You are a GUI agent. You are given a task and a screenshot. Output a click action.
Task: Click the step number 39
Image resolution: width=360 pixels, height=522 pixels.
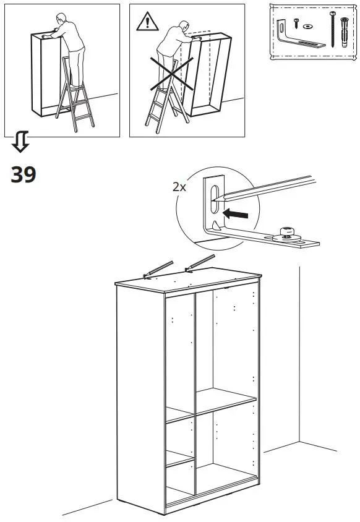click(24, 175)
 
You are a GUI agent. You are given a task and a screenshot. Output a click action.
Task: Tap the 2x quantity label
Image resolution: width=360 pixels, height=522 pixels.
click(179, 186)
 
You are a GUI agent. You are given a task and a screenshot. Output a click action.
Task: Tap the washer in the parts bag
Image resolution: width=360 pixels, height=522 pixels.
click(308, 27)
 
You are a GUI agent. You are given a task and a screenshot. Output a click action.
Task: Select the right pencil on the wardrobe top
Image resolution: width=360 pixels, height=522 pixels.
click(199, 263)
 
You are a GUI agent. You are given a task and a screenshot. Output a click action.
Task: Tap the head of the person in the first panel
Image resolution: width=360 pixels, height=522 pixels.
click(59, 19)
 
